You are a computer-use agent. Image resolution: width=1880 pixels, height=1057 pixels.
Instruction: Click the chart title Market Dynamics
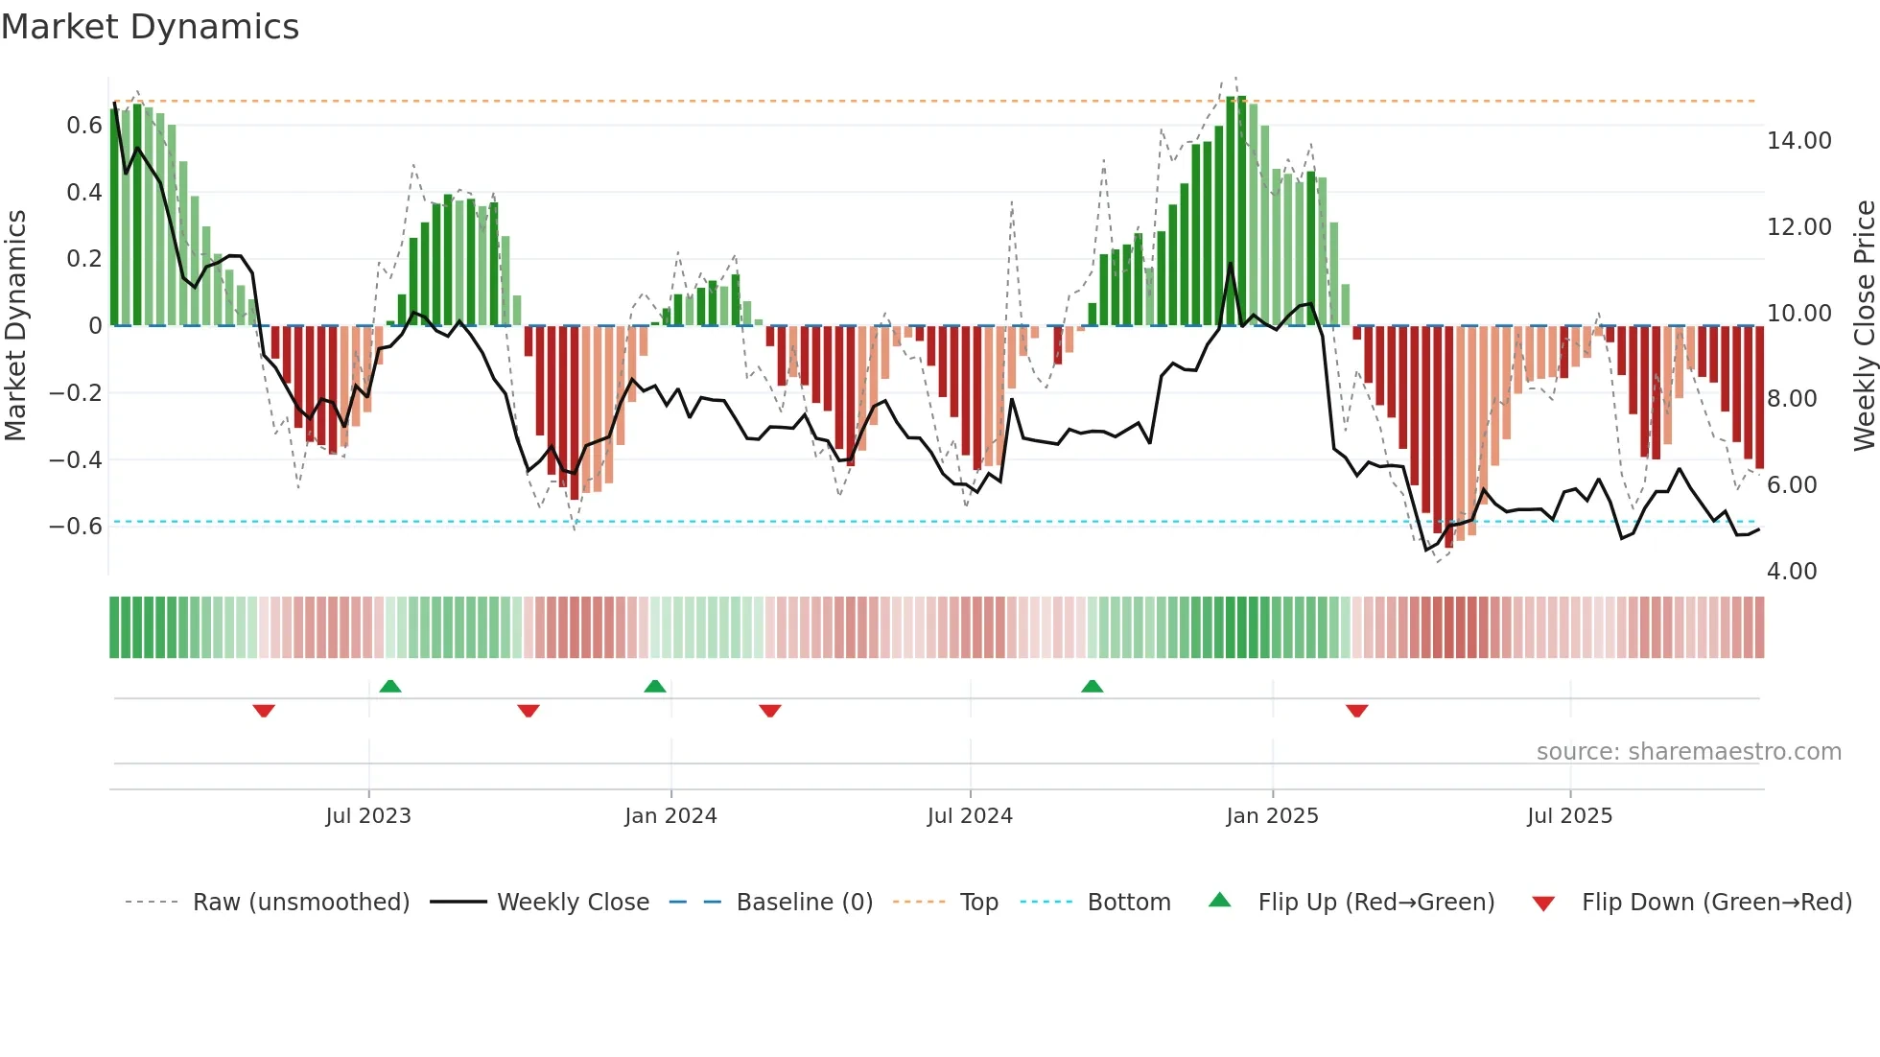[x=150, y=27]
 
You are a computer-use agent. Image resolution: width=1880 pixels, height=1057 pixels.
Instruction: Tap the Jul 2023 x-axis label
[x=368, y=816]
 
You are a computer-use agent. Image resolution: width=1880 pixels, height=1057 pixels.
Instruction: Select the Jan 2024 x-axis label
[x=670, y=816]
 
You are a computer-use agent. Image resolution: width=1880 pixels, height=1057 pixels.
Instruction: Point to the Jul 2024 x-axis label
[x=970, y=816]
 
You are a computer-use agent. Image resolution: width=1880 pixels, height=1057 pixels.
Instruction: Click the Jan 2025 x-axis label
[x=1272, y=816]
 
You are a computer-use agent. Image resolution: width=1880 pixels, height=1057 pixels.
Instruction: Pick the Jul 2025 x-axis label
[x=1569, y=816]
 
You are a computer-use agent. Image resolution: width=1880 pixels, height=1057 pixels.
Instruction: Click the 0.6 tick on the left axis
[x=84, y=126]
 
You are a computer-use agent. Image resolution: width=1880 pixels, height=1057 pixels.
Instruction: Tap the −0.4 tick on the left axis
[x=76, y=459]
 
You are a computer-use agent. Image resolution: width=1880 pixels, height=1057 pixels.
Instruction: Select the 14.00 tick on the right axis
[x=1798, y=141]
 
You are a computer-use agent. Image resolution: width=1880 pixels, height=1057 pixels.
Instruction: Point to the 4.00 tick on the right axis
[x=1792, y=572]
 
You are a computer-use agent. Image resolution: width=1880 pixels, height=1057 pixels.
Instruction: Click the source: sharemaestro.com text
[x=1688, y=752]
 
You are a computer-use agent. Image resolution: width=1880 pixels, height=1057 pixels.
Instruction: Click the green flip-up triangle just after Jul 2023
[x=390, y=687]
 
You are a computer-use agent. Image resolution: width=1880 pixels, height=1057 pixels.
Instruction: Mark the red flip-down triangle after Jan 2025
[x=1356, y=711]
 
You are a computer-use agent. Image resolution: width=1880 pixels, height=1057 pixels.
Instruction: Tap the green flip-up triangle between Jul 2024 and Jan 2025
[x=1092, y=687]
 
